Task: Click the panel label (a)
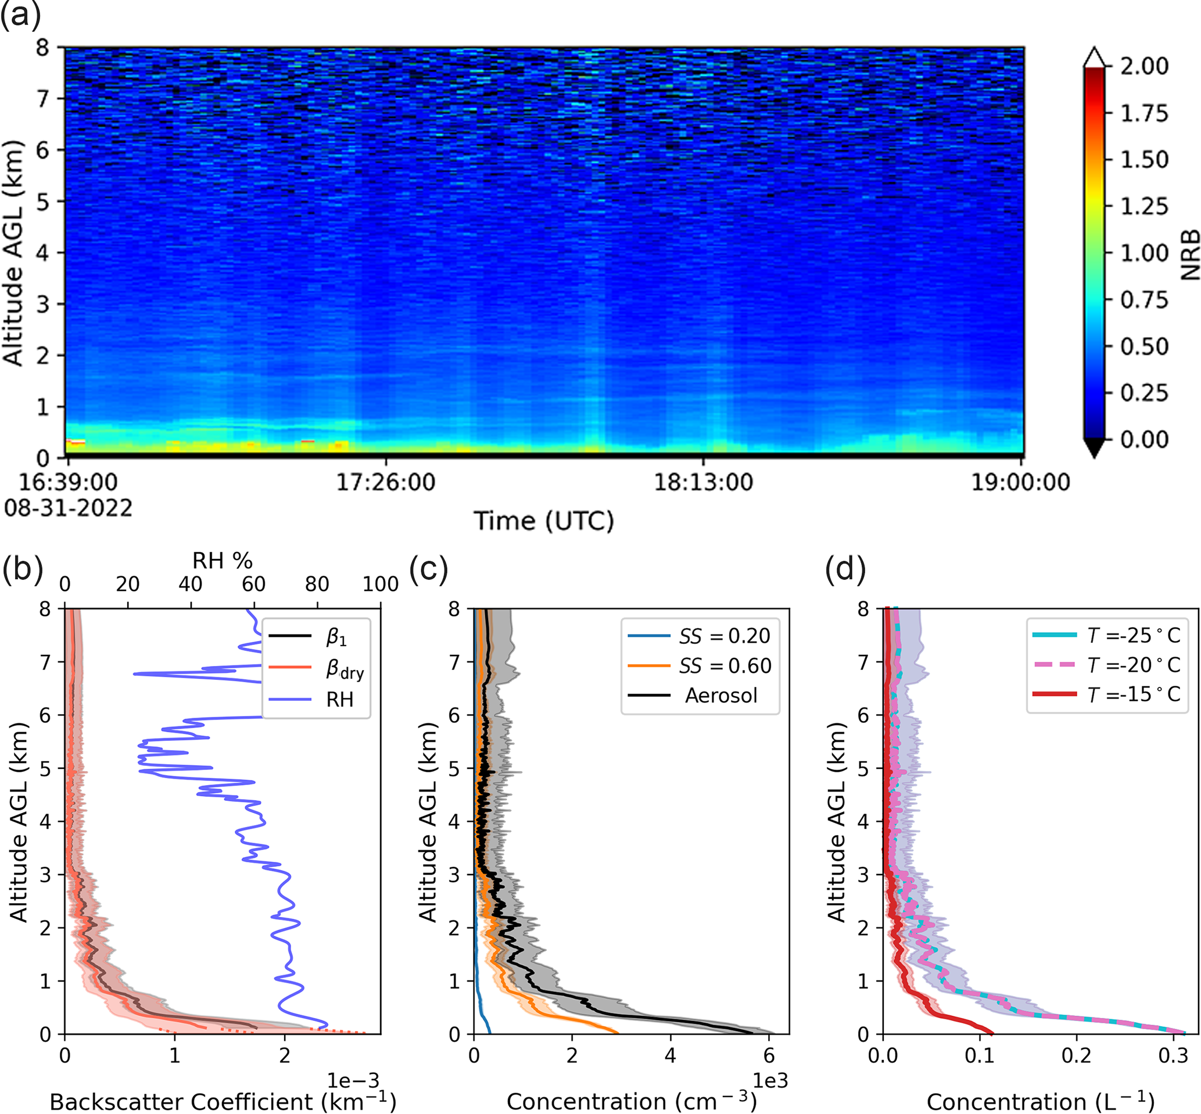pyautogui.click(x=20, y=14)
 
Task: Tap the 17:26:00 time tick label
pyautogui.click(x=385, y=482)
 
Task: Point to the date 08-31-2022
pyautogui.click(x=68, y=508)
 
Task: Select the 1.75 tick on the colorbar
pyautogui.click(x=1143, y=113)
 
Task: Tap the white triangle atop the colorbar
pyautogui.click(x=1094, y=58)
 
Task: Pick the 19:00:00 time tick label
pyautogui.click(x=1020, y=482)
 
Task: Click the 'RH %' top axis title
pyautogui.click(x=222, y=561)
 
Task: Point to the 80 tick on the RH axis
pyautogui.click(x=317, y=584)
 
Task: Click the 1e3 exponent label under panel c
pyautogui.click(x=770, y=1080)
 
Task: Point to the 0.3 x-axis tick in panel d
pyautogui.click(x=1173, y=1055)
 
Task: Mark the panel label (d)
pyautogui.click(x=845, y=568)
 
